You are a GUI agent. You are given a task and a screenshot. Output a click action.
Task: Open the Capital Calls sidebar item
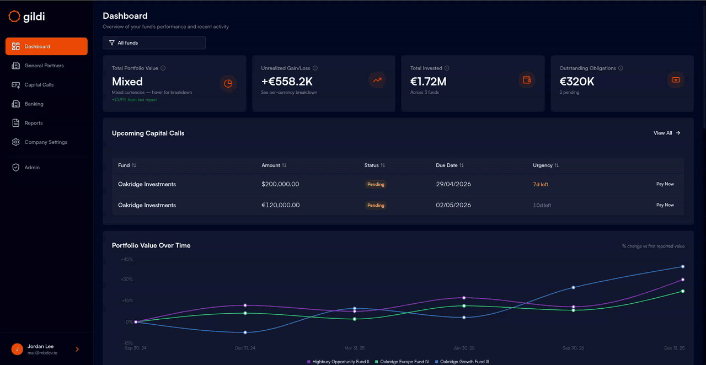pos(39,85)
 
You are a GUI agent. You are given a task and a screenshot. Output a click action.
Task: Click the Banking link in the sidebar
pos(34,104)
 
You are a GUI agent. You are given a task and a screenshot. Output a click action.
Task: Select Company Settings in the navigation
pos(46,142)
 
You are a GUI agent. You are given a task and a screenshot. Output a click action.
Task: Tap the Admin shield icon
pos(16,168)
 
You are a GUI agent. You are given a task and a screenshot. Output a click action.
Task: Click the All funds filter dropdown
pos(154,42)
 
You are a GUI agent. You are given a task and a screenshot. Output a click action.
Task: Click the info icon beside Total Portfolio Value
pos(163,68)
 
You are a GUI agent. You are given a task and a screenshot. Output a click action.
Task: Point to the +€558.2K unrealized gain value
pos(287,82)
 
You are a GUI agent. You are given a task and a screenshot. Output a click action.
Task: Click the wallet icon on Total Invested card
pos(527,80)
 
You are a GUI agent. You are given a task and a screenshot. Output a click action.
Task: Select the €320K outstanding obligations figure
pos(577,82)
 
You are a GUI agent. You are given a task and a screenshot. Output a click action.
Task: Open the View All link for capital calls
pos(667,133)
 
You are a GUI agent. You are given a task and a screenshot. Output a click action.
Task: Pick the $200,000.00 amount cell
pos(280,184)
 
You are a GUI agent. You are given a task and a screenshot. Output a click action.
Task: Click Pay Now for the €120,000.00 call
pos(665,205)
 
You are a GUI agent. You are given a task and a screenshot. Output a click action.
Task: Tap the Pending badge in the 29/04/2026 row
pos(376,184)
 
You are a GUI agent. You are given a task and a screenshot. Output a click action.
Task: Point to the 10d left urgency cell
pos(542,205)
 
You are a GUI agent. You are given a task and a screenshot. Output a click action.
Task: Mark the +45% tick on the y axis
pos(127,259)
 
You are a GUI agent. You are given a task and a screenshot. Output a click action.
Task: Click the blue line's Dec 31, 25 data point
pos(683,267)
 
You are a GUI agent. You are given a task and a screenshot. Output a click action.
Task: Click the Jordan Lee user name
pos(40,346)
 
